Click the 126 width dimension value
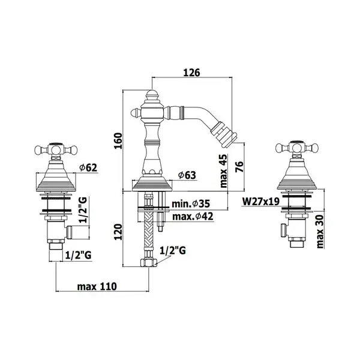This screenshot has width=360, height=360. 192,73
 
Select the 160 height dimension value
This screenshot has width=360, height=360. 119,141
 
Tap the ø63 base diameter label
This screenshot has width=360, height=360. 187,176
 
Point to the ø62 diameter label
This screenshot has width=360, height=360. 88,168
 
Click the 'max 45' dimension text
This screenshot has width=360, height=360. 223,171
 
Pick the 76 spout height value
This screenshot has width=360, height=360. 239,167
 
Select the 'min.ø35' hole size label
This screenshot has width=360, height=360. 191,203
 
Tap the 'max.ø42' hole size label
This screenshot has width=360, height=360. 193,216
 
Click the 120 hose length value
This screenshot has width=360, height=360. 119,232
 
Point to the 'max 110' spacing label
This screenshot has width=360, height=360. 97,287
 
